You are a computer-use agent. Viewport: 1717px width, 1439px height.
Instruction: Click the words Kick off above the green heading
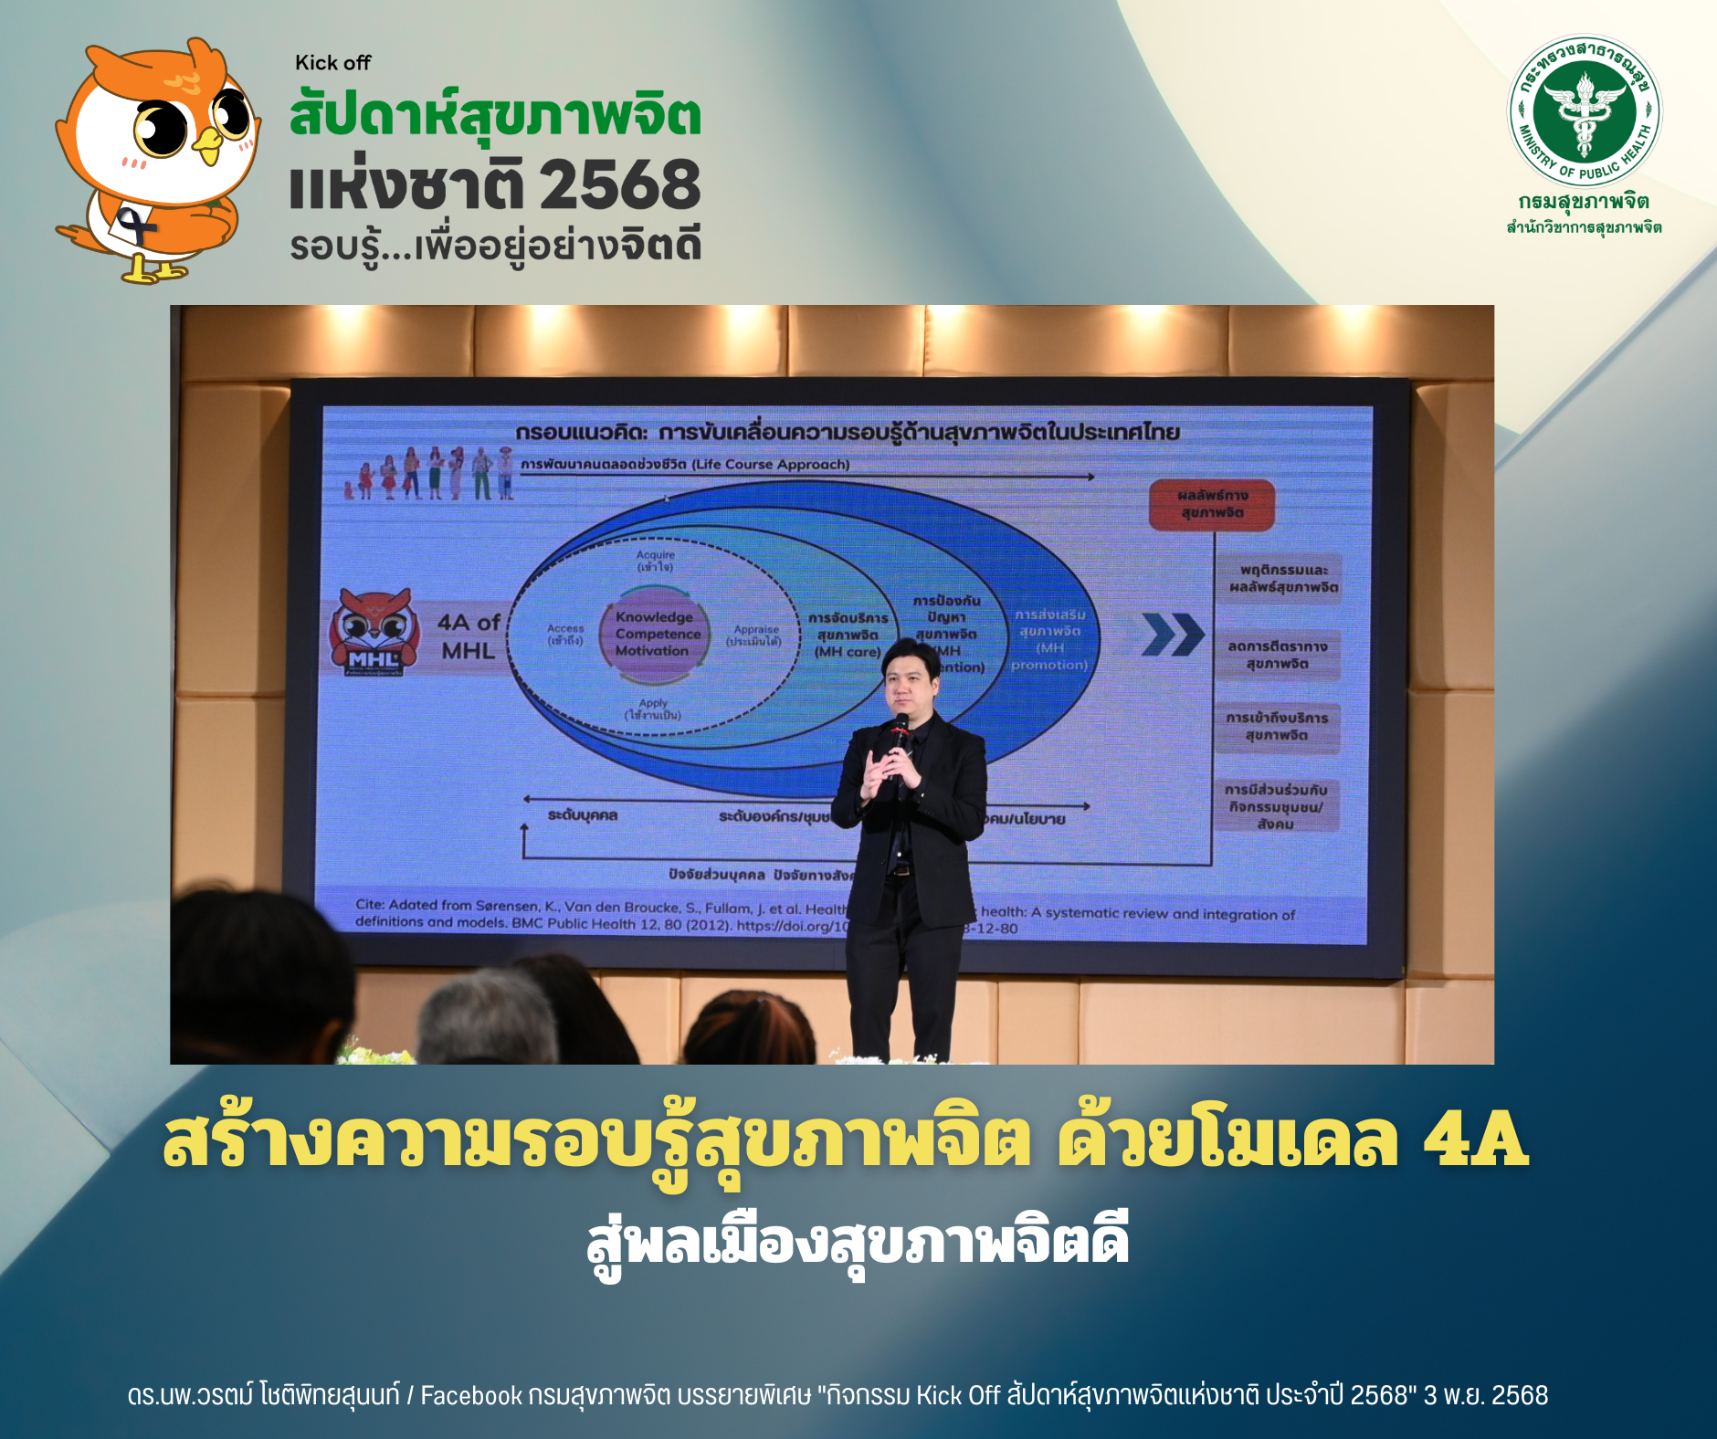point(332,63)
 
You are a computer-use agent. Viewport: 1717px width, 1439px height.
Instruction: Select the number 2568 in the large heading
point(619,185)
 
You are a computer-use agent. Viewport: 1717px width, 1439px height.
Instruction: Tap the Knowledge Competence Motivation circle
point(653,634)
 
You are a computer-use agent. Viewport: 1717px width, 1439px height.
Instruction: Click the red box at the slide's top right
point(1211,504)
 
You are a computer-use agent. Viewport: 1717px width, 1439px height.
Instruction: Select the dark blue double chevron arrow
point(1173,635)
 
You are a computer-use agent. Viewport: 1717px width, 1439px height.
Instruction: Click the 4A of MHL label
point(468,636)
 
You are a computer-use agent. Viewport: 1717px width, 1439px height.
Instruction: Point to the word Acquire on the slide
point(656,555)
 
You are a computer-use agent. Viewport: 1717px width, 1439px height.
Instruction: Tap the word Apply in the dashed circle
point(653,703)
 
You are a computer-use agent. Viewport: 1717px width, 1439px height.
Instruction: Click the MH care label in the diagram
point(847,652)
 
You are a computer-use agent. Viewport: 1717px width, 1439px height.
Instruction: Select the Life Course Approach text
point(770,465)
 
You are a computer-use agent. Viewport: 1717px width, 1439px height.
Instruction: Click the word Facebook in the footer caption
point(471,1396)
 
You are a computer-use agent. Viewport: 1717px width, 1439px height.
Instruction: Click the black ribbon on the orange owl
point(137,225)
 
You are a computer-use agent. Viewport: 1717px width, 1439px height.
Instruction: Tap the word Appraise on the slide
point(756,629)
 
